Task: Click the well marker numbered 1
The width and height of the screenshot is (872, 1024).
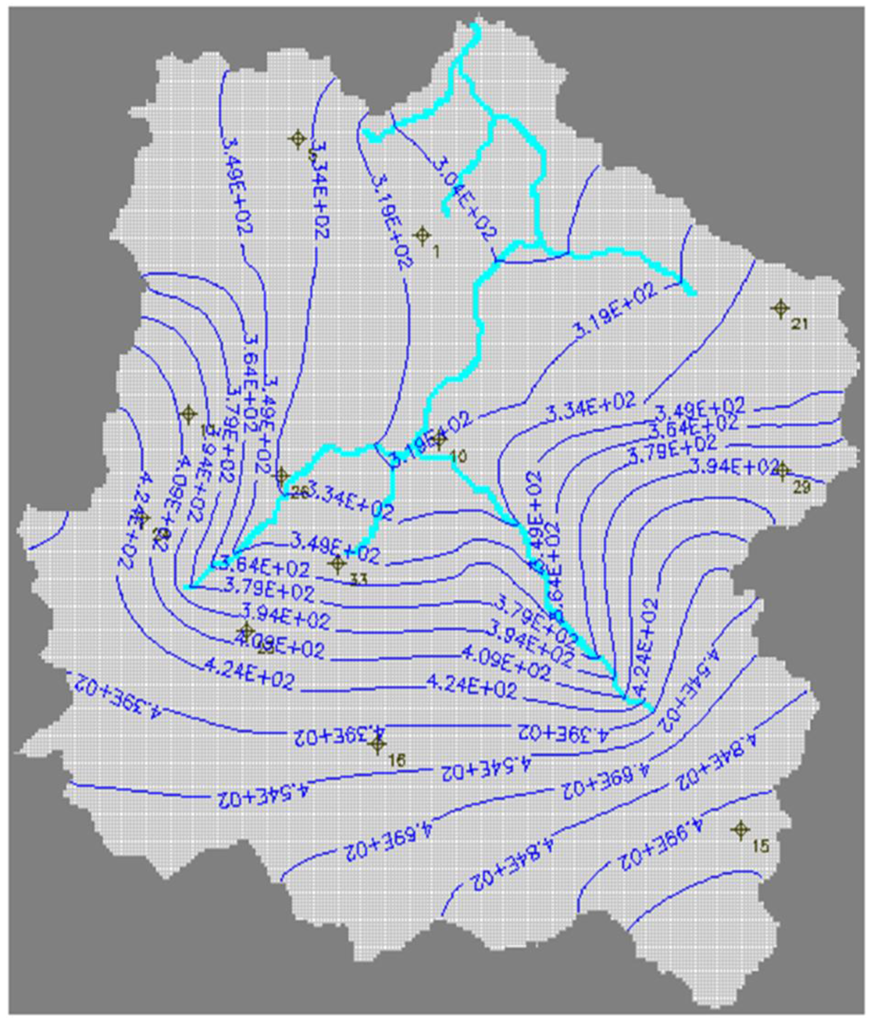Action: (x=422, y=236)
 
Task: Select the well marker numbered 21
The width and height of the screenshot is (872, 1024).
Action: (x=781, y=308)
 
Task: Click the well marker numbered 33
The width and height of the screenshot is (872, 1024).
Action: (x=338, y=563)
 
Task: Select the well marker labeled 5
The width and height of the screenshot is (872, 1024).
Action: (x=298, y=140)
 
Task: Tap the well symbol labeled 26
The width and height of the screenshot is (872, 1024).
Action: (x=282, y=476)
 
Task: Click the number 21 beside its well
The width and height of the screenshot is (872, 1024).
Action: (x=800, y=324)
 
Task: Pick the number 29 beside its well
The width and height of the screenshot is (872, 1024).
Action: (x=802, y=487)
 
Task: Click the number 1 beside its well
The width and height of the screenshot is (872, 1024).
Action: (x=436, y=252)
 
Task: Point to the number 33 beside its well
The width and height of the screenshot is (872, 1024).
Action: (x=358, y=579)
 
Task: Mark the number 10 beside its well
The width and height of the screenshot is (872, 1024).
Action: (x=459, y=456)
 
